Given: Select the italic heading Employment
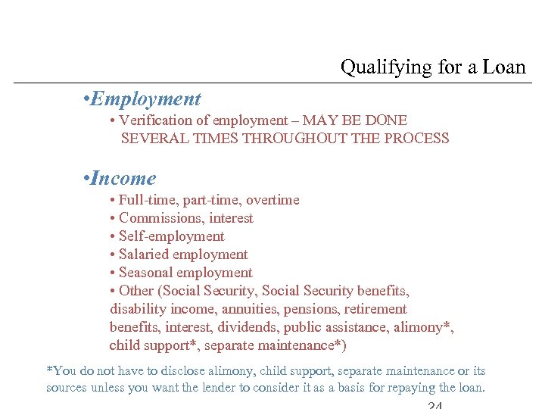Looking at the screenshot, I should click(x=145, y=99).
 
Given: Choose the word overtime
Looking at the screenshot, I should click(x=272, y=200).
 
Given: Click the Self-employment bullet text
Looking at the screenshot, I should click(x=171, y=236).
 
